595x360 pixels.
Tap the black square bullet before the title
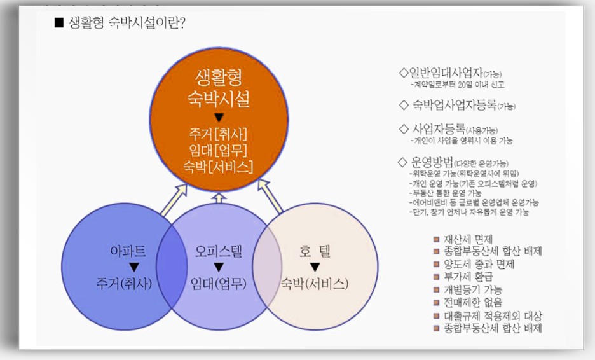pos(59,24)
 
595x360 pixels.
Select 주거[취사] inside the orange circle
pos(218,135)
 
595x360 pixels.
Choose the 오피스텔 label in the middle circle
pos(218,251)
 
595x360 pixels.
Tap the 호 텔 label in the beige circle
pos(315,251)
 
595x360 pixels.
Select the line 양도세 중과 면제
pos(479,264)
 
